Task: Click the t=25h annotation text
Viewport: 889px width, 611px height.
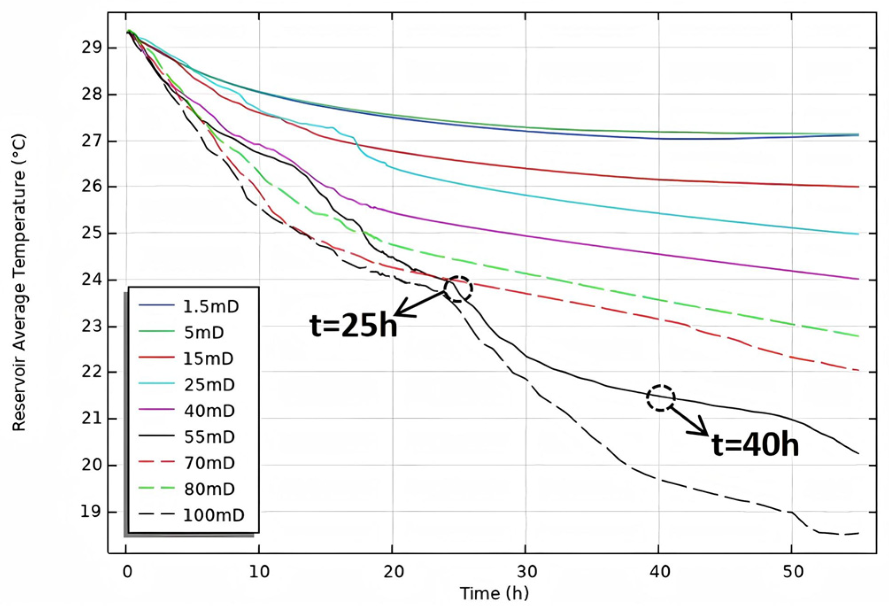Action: [353, 325]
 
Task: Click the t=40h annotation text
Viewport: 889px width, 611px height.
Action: [755, 445]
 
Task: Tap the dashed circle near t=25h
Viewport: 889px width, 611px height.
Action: [458, 289]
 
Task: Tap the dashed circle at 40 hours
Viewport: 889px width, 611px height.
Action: [660, 398]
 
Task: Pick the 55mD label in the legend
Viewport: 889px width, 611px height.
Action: [209, 437]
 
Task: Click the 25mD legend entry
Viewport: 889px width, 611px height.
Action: [209, 385]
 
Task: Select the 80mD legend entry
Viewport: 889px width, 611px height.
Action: [209, 489]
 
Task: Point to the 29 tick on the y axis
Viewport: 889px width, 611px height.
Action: [92, 47]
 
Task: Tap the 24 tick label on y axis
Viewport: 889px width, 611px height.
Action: [92, 280]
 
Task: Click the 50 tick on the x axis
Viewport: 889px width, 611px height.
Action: [793, 572]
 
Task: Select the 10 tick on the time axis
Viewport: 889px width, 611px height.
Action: [259, 572]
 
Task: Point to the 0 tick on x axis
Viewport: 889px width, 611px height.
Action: [127, 572]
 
